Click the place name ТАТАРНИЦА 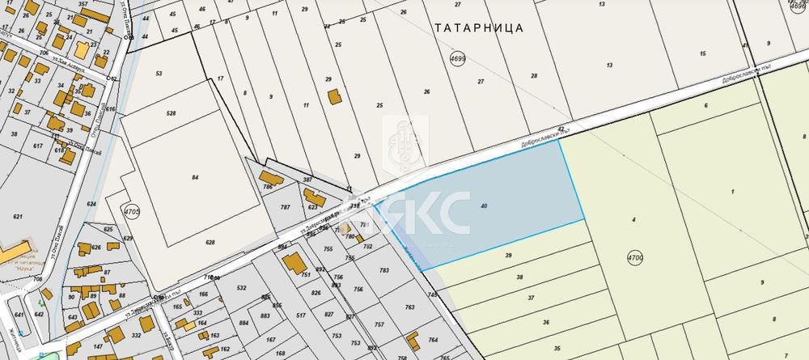pyautogui.click(x=478, y=28)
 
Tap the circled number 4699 pyautogui.click(x=458, y=59)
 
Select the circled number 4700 pyautogui.click(x=634, y=258)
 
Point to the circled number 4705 pyautogui.click(x=132, y=213)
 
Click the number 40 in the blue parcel pyautogui.click(x=484, y=207)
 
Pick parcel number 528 pyautogui.click(x=171, y=114)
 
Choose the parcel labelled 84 pyautogui.click(x=195, y=176)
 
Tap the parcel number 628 pyautogui.click(x=210, y=243)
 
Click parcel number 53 pyautogui.click(x=159, y=74)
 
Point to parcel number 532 pyautogui.click(x=241, y=287)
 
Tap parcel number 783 pyautogui.click(x=384, y=270)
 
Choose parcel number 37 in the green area pyautogui.click(x=531, y=299)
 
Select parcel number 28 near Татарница pyautogui.click(x=534, y=76)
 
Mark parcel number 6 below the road pyautogui.click(x=705, y=106)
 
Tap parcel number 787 pyautogui.click(x=285, y=207)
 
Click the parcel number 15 pyautogui.click(x=702, y=53)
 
